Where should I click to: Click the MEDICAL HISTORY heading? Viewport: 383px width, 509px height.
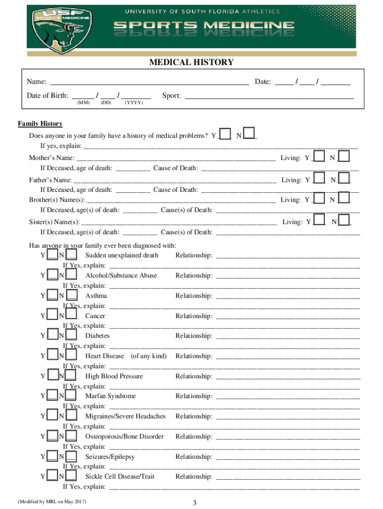191,62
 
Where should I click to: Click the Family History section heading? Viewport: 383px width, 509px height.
40,124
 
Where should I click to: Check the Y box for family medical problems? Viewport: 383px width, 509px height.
225,134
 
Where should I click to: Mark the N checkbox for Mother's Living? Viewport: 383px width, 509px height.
344,157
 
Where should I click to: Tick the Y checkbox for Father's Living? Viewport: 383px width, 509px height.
319,179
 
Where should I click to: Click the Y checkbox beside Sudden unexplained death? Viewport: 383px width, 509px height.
52,255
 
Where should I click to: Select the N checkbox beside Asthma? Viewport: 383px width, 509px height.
71,295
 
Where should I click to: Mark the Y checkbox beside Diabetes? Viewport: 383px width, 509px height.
52,336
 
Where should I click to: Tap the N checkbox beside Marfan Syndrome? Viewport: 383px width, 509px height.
71,396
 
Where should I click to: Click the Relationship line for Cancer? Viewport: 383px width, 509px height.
287,316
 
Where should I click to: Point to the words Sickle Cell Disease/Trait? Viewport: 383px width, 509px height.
120,477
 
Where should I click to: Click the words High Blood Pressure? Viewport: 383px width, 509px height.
114,376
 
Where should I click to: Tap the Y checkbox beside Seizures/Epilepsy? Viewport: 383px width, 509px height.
52,456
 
